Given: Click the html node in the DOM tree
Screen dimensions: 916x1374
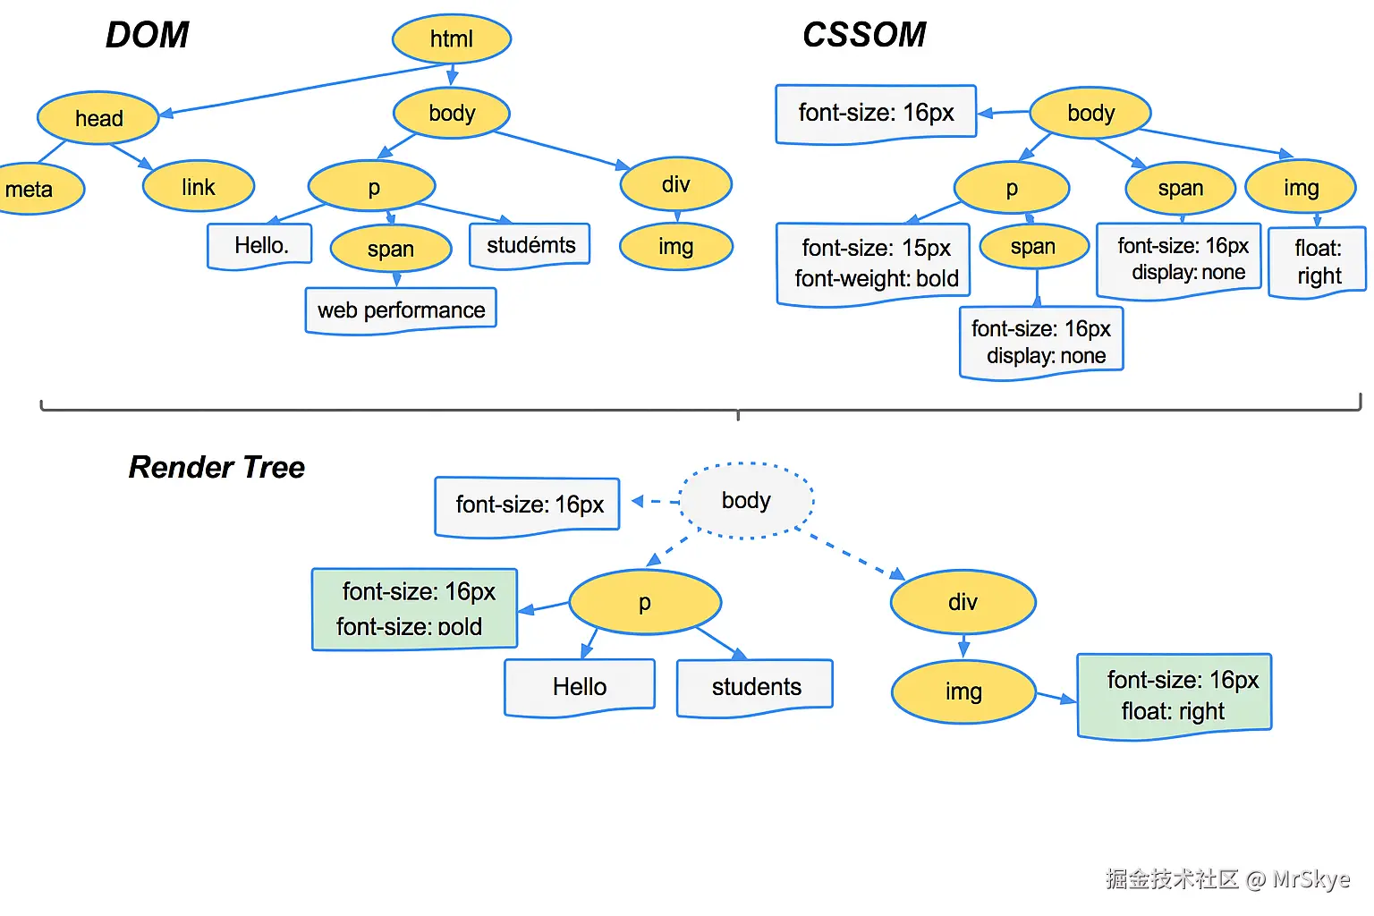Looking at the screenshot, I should coord(451,38).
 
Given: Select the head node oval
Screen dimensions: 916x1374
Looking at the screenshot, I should coord(98,118).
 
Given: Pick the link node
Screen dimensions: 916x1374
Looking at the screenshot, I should coord(199,187).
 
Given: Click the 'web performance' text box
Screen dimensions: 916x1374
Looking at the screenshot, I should coord(401,310).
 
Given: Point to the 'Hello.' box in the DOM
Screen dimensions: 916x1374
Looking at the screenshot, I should coord(260,245).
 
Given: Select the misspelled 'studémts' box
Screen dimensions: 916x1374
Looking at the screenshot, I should coord(530,244).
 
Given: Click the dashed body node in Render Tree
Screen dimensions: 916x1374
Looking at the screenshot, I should coord(746,500).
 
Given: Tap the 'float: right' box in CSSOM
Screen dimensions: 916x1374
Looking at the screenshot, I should coord(1318,261).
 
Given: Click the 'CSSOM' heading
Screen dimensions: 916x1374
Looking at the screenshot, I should coord(864,35).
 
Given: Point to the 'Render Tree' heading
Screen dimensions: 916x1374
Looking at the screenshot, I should coord(216,467).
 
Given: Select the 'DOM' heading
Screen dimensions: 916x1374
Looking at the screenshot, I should coord(147,35).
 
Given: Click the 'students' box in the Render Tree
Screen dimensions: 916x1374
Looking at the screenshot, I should coord(756,686).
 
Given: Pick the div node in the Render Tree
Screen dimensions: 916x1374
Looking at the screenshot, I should coord(963,602).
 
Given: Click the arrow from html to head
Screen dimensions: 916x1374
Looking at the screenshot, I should coord(304,89).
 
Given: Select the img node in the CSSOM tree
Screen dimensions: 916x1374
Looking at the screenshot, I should coord(1301,188).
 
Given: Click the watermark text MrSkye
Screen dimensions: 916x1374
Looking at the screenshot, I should coord(1310,878).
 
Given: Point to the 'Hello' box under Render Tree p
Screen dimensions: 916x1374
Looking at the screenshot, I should coord(580,686).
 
